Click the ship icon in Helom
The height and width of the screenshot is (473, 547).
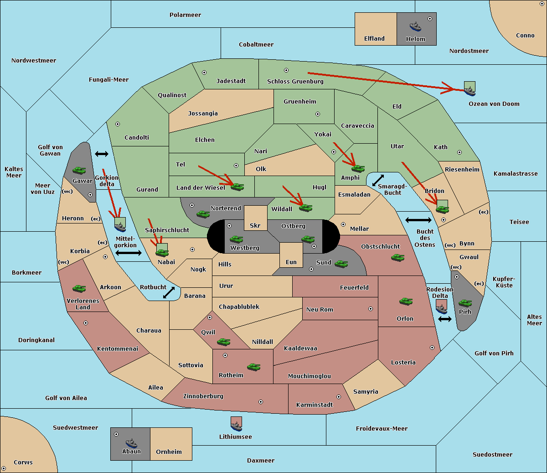coord(415,26)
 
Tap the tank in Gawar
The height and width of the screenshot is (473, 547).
coord(79,170)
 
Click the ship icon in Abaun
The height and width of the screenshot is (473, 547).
coord(131,443)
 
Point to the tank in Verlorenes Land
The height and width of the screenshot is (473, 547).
coord(79,288)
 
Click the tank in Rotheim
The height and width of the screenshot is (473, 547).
coord(254,367)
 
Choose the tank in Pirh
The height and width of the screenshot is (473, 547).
coord(465,303)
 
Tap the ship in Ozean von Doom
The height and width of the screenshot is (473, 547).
coord(470,91)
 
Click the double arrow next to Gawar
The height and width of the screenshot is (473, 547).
coord(102,154)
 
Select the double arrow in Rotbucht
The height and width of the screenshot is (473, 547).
coord(169,292)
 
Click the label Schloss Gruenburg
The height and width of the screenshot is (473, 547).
coord(295,81)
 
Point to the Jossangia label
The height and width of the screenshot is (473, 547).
coord(203,114)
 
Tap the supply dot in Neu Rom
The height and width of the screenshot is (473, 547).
coord(371,309)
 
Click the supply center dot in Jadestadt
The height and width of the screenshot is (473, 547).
coord(204,73)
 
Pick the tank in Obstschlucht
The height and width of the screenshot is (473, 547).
coord(398,257)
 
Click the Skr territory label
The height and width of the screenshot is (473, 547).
coord(255,225)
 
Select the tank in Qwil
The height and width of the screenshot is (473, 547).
coord(224,342)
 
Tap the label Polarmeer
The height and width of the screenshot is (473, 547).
coord(185,15)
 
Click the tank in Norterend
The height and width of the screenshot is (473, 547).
coord(203,214)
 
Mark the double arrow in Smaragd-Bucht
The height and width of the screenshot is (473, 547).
coord(378,180)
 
